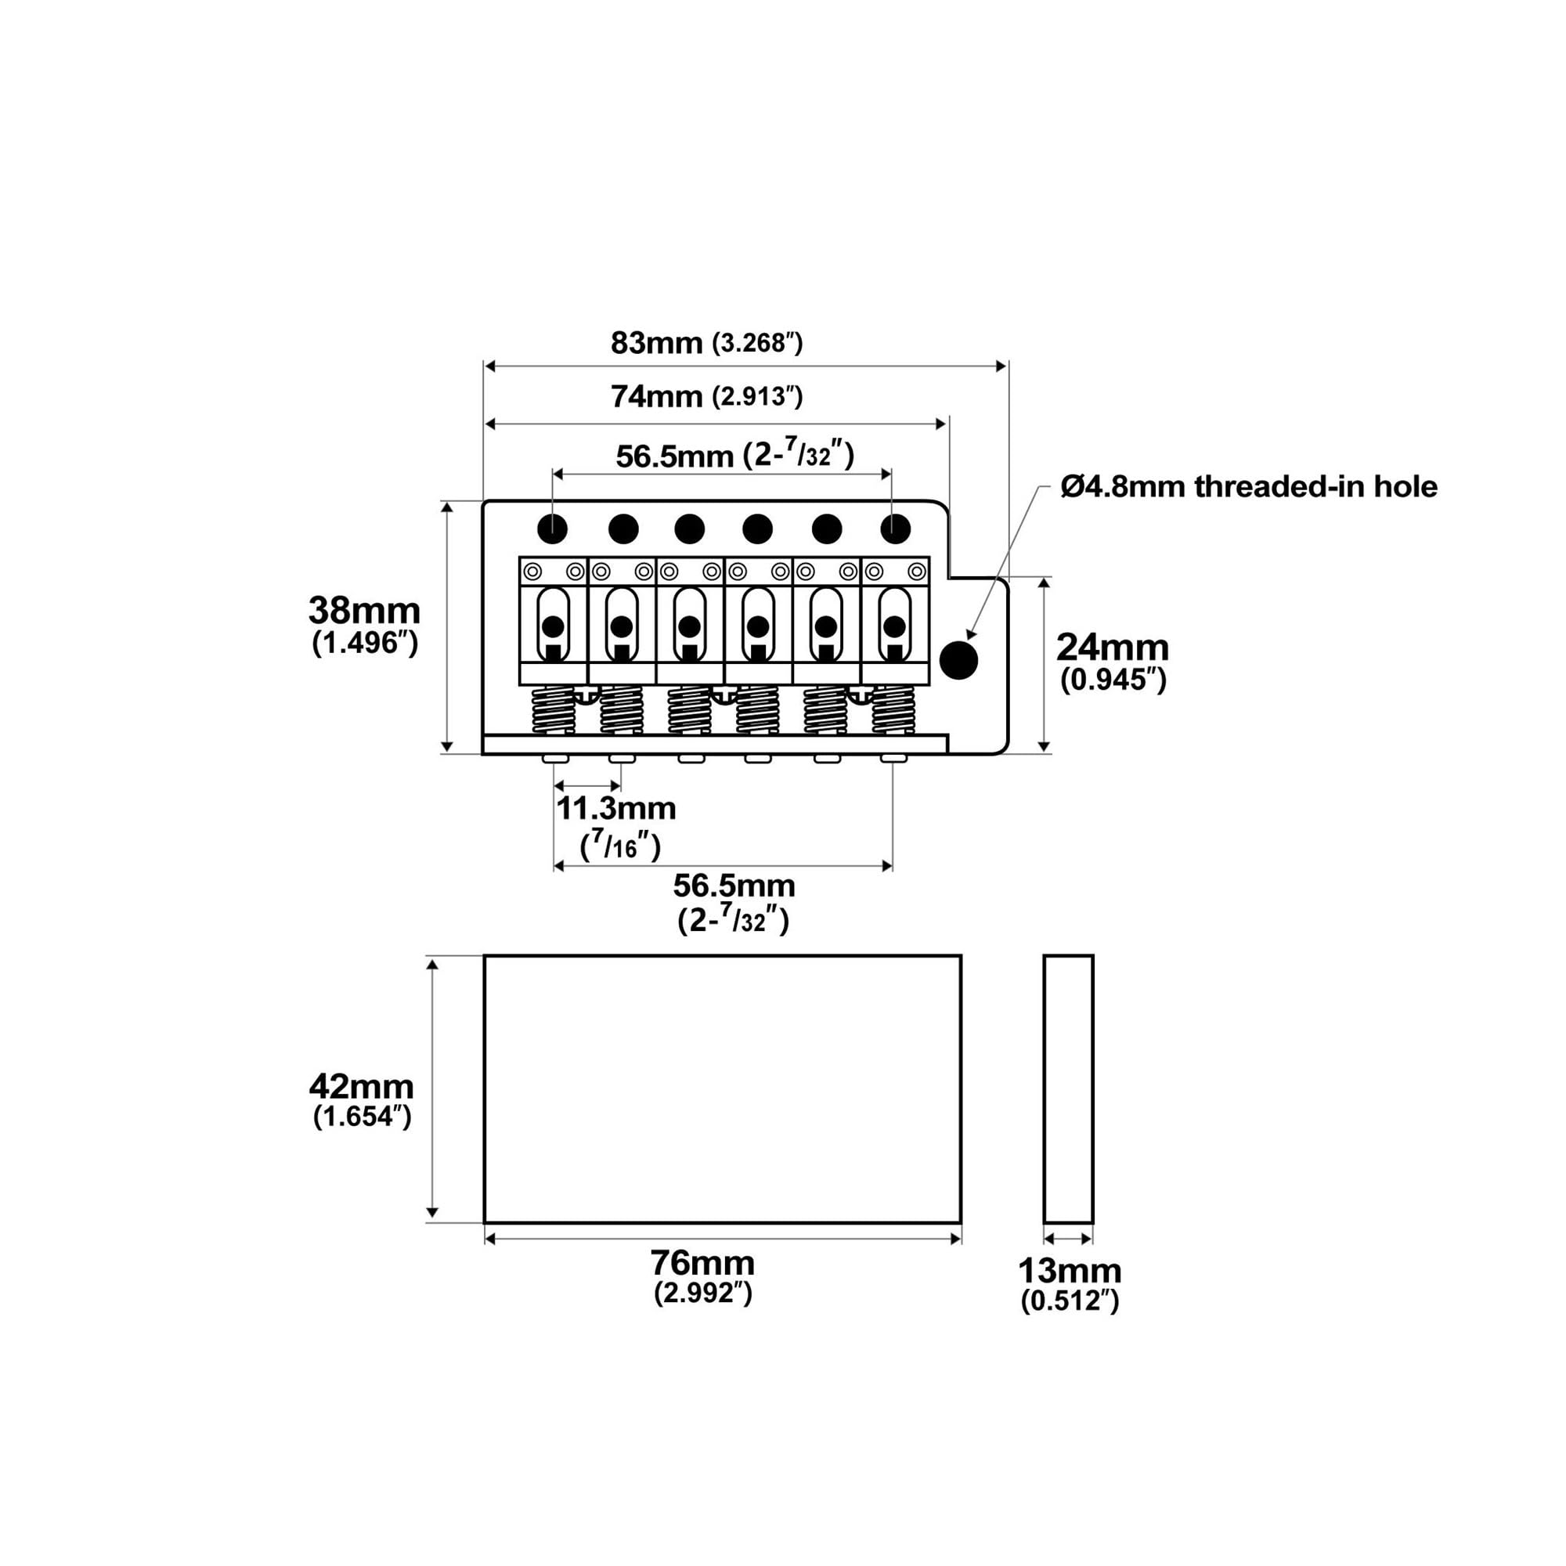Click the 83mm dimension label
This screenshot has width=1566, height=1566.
657,344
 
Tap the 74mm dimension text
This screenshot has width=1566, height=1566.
657,397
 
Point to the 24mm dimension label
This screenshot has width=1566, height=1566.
1113,648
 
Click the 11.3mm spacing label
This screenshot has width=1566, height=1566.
616,808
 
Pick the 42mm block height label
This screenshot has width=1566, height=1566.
362,1086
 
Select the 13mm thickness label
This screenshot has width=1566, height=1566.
1070,1270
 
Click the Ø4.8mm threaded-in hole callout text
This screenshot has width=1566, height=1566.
1249,486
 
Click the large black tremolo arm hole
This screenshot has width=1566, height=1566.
959,660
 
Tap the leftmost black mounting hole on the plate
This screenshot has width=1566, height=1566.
552,529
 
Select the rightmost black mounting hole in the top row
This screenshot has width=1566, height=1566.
895,529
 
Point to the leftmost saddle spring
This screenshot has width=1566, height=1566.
553,710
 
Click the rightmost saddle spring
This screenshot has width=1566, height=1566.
893,710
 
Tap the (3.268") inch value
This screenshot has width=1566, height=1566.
758,344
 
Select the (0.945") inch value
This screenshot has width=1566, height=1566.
1113,679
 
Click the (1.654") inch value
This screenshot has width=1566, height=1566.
363,1117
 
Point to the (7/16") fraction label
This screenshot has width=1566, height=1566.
621,846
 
